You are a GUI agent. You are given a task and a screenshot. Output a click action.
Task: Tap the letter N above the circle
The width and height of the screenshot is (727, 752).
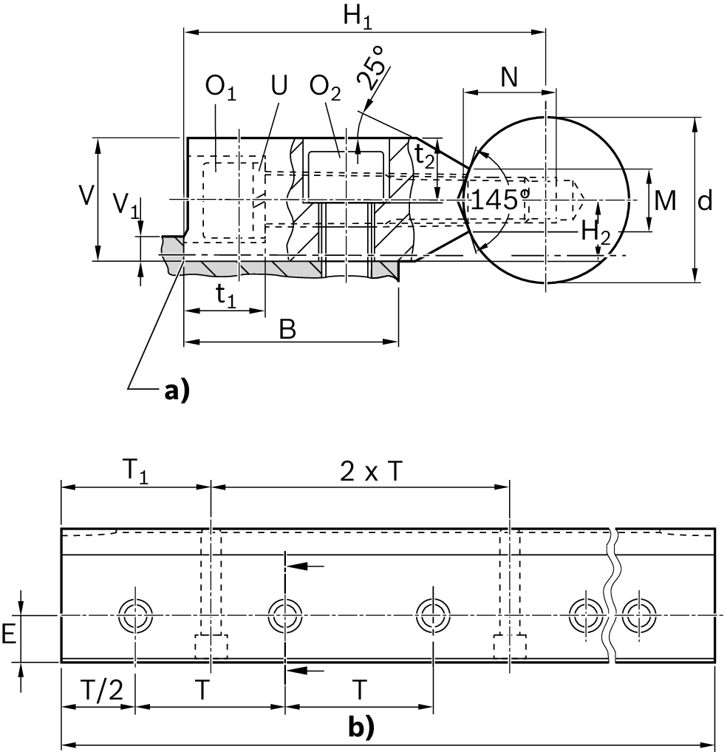click(508, 78)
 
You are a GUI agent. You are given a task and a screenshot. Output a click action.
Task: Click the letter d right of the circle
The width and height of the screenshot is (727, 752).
click(706, 200)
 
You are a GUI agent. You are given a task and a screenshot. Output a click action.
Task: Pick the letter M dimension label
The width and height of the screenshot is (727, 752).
click(665, 200)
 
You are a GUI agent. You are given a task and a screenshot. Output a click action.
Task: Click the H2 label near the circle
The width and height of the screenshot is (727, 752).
click(595, 231)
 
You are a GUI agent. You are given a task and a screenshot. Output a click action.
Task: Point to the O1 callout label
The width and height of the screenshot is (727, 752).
click(220, 87)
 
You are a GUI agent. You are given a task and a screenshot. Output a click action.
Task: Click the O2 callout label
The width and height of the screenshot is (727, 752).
click(325, 87)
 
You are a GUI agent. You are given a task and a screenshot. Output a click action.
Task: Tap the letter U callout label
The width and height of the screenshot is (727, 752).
click(279, 87)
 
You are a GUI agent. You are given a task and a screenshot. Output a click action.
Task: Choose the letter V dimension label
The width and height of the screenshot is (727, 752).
click(86, 196)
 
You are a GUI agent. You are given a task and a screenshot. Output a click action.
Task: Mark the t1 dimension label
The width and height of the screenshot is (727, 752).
click(225, 295)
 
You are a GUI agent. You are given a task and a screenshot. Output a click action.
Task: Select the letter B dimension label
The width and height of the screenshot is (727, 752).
click(287, 329)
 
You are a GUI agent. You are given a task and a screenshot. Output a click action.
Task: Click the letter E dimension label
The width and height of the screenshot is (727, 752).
click(9, 634)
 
